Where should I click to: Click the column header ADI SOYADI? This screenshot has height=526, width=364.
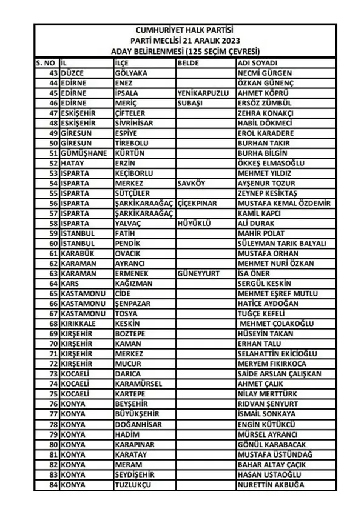258,63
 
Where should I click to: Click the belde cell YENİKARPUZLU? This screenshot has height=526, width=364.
204,93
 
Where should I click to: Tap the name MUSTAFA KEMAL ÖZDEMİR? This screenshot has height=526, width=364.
285,204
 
